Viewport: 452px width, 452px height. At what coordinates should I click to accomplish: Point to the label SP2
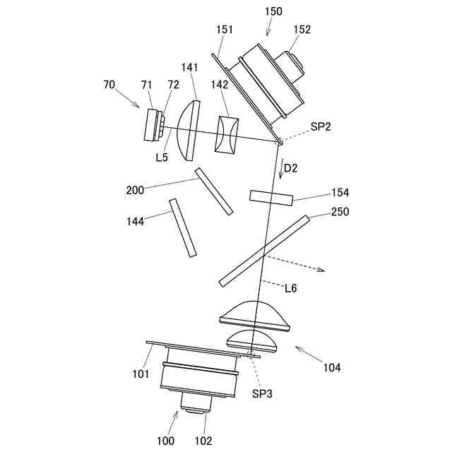[321, 127]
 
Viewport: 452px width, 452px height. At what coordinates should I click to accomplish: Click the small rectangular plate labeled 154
[270, 197]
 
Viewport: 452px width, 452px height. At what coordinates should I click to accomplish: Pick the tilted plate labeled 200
[214, 191]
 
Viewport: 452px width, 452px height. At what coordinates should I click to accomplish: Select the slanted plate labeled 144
[182, 227]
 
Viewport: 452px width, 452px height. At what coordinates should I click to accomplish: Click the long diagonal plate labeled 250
[264, 251]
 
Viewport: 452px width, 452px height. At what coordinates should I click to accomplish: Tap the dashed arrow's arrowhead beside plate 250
[321, 270]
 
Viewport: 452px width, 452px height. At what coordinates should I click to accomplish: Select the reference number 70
[109, 84]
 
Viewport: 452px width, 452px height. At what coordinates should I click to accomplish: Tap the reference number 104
[331, 367]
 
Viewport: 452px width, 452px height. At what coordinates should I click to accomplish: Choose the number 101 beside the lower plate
[139, 374]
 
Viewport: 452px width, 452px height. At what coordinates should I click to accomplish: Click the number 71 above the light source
[146, 85]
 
